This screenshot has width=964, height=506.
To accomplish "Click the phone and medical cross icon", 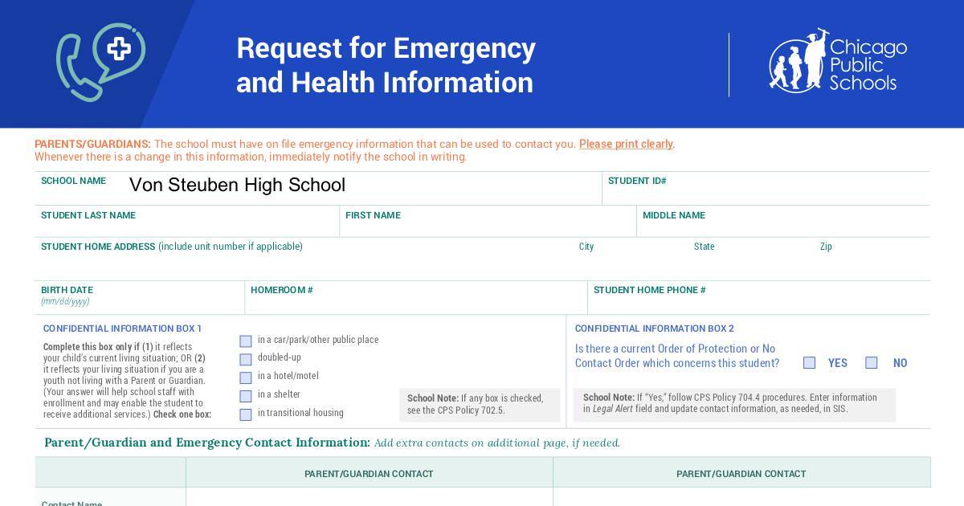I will click(x=100, y=62).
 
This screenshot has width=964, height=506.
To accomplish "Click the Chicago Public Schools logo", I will click(x=837, y=62).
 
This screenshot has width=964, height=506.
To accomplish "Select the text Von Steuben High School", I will click(x=237, y=186).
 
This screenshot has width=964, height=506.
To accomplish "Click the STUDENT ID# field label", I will click(x=637, y=181).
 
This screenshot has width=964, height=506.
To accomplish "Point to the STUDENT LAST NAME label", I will click(x=88, y=215).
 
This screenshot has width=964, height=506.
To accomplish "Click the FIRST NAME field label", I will click(x=373, y=215).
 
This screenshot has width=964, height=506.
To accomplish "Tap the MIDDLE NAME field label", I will click(x=674, y=215).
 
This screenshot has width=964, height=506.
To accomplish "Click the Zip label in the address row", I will click(x=826, y=247).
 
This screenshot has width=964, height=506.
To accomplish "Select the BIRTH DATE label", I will click(x=67, y=290).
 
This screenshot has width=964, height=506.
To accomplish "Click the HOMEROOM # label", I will click(x=281, y=290).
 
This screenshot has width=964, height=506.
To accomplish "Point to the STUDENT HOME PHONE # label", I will click(x=649, y=290).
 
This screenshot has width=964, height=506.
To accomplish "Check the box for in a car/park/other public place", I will click(x=246, y=341).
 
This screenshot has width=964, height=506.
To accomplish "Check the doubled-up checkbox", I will click(x=246, y=359).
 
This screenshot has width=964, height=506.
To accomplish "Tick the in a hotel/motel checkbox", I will click(x=246, y=377).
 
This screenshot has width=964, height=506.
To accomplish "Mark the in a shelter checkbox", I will click(x=246, y=396).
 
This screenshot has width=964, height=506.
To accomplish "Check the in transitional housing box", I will click(x=246, y=414).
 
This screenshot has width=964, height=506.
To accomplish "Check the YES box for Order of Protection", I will click(x=810, y=363).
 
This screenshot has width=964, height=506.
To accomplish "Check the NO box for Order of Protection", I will click(x=872, y=363).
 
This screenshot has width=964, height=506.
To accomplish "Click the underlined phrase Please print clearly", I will click(x=626, y=145).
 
